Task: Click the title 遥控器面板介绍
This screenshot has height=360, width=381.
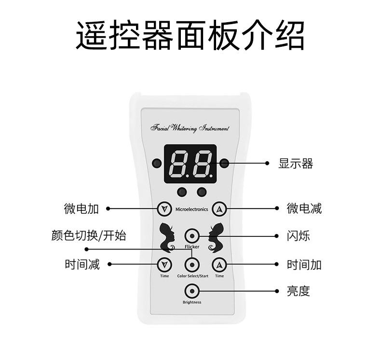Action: tap(190, 35)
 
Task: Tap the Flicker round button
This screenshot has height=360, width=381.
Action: tap(192, 236)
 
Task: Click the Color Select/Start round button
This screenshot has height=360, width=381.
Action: tap(192, 265)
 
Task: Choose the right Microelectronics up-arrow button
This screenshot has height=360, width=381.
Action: tap(220, 209)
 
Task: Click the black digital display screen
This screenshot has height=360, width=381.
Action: tap(190, 163)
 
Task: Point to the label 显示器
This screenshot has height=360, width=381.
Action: tap(296, 164)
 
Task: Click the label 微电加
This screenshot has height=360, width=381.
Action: tap(81, 208)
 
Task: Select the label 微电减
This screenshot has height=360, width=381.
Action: tap(304, 208)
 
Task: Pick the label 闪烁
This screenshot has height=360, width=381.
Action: tap(298, 236)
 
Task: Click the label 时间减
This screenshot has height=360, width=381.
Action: tap(82, 264)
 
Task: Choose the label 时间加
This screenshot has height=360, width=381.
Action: tap(304, 264)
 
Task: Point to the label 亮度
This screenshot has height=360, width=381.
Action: tap(298, 291)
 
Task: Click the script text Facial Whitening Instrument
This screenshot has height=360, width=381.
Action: tap(190, 128)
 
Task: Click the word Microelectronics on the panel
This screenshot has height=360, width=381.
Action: tap(192, 209)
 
